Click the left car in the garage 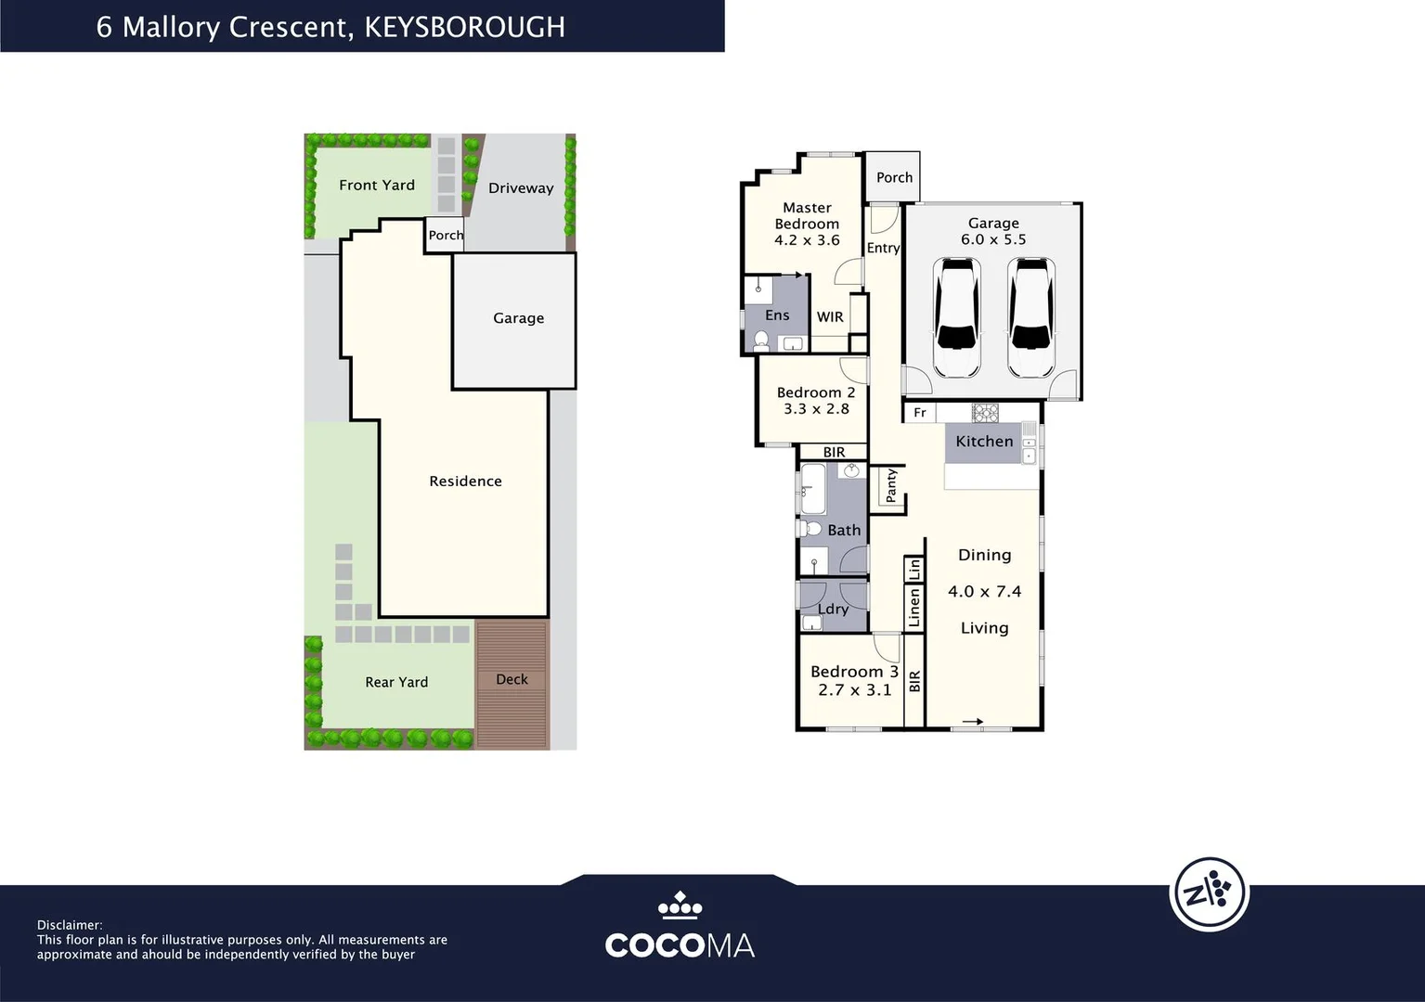click(957, 318)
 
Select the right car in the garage click(1030, 318)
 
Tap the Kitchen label click(984, 442)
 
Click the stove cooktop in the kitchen click(985, 412)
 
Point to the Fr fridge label click(920, 413)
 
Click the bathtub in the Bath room click(813, 489)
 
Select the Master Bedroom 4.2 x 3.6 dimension click(807, 240)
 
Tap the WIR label click(830, 317)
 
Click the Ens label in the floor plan click(777, 315)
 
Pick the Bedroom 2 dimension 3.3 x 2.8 click(816, 409)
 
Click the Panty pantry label click(891, 485)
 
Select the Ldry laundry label click(833, 609)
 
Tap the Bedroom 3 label click(854, 672)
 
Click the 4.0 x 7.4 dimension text click(984, 592)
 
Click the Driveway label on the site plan click(521, 188)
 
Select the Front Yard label click(377, 186)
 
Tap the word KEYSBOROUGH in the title click(464, 27)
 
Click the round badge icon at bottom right click(1209, 893)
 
